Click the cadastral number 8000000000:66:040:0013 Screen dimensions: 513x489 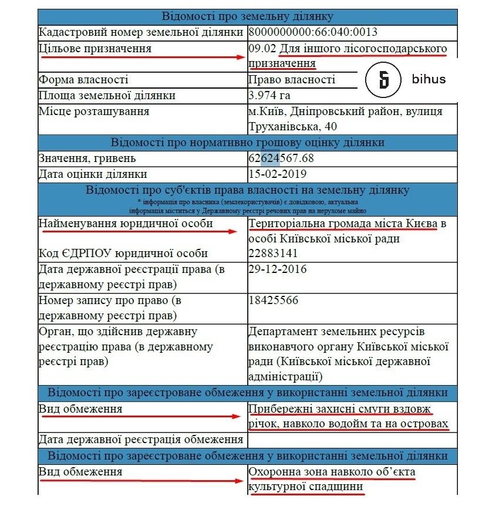tap(313, 32)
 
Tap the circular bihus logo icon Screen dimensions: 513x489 tap(383, 80)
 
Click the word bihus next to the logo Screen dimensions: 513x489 tap(429, 80)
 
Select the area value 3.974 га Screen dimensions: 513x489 tap(269, 96)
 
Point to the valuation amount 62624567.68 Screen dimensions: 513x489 tap(281, 158)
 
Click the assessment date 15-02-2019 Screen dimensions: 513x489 tap(278, 174)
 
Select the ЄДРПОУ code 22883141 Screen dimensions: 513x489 tap(273, 254)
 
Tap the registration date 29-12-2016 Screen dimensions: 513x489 tap(278, 269)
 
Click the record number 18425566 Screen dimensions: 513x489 tap(274, 301)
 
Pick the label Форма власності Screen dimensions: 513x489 tap(83, 80)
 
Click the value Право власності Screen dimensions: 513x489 tap(292, 80)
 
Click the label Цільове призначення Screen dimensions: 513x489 tap(95, 48)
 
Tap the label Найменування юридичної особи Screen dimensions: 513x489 tap(125, 224)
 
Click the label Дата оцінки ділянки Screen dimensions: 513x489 tap(93, 174)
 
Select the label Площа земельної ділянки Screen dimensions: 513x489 tap(107, 96)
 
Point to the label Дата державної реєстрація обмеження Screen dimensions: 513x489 tap(141, 439)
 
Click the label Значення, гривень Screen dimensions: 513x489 tap(87, 158)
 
